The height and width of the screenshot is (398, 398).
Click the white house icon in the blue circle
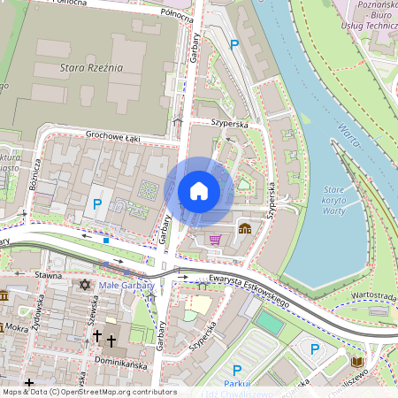pyautogui.click(x=199, y=191)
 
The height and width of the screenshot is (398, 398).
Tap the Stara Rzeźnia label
pyautogui.click(x=90, y=66)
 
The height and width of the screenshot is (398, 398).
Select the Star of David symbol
pyautogui.click(x=85, y=285)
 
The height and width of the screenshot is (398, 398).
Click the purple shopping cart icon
pyautogui.click(x=215, y=239)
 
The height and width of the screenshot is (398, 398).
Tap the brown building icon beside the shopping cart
pyautogui.click(x=244, y=228)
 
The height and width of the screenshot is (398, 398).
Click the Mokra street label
pyautogui.click(x=16, y=326)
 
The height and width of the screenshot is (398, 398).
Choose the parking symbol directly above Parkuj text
pyautogui.click(x=236, y=370)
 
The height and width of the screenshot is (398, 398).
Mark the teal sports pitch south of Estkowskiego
pyautogui.click(x=271, y=323)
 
